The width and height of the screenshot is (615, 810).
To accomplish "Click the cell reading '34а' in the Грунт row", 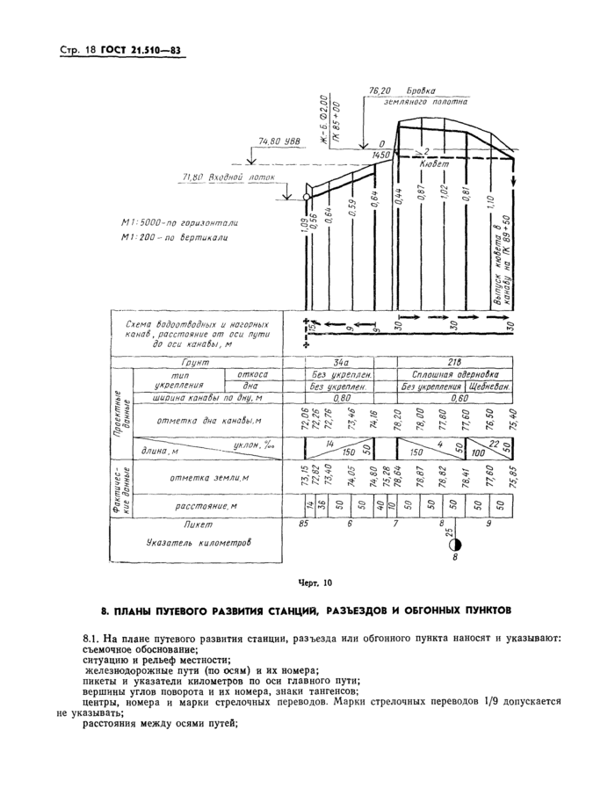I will pos(342,362).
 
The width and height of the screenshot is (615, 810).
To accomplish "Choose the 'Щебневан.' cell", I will pos(492,386).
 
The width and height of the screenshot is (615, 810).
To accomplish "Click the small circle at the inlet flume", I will pos(307,197).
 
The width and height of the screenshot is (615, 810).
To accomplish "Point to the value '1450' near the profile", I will pos(381,154).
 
